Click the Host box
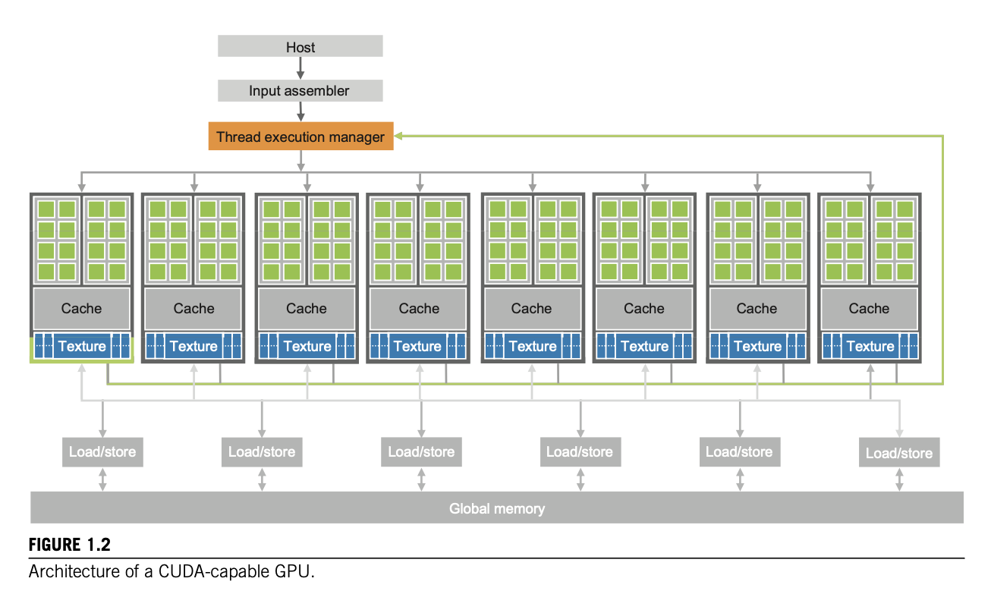pos(300,47)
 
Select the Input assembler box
pos(300,91)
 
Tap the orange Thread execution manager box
pos(300,137)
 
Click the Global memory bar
pos(496,508)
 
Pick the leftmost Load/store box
pos(102,452)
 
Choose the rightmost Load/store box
pos(899,454)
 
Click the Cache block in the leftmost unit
pos(81,309)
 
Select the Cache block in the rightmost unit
pos(869,309)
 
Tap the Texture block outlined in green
pos(81,347)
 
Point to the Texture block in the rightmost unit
pos(870,347)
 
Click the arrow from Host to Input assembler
pos(300,68)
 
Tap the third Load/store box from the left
pos(421,452)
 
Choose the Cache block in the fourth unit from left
pos(419,309)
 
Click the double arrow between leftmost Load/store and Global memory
pos(102,479)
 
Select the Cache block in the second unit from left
pos(193,309)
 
